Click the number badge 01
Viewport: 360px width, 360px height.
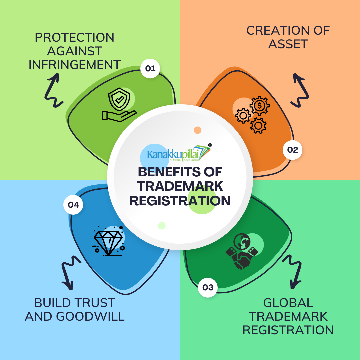[150, 69]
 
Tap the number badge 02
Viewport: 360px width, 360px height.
[292, 150]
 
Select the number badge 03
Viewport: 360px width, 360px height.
[208, 287]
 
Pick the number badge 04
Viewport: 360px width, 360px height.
[73, 205]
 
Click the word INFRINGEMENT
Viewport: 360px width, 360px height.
[74, 65]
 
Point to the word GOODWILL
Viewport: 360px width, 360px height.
[90, 316]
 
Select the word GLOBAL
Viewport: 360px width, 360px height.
[288, 303]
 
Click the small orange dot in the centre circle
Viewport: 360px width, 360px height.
[198, 130]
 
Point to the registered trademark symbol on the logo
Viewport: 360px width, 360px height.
[210, 145]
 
